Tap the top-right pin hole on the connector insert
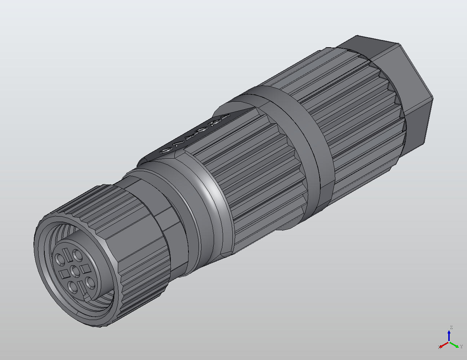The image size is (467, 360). [77, 255]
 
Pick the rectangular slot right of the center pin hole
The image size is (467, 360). [86, 268]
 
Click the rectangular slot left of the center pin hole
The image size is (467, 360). [65, 274]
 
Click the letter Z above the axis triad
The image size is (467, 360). [451, 328]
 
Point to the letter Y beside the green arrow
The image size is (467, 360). [461, 347]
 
